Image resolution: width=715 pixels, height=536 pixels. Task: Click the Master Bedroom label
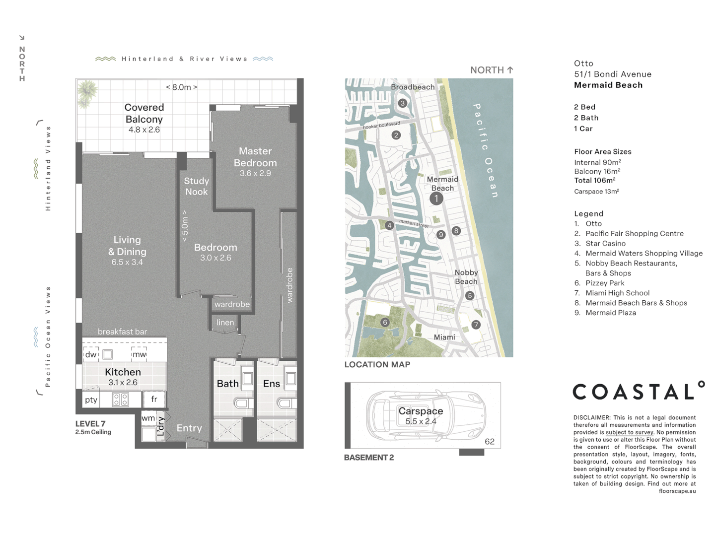click(x=255, y=157)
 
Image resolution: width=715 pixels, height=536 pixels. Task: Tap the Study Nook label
click(x=197, y=186)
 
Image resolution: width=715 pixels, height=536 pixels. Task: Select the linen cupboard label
click(x=225, y=322)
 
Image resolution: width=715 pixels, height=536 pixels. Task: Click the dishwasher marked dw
click(x=91, y=354)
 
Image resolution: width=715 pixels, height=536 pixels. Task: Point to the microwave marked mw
click(x=139, y=354)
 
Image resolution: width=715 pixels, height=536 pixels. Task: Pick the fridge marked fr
click(x=154, y=399)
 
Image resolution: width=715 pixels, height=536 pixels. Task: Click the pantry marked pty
click(x=91, y=399)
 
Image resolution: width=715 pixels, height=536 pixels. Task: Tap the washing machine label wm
click(x=148, y=418)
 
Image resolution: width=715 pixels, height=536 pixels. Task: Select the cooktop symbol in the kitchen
click(x=120, y=400)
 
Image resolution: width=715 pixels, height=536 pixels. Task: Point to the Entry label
click(x=189, y=428)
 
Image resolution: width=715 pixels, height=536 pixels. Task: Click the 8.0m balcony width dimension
click(x=181, y=87)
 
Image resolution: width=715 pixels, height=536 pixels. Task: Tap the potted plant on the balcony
click(x=87, y=93)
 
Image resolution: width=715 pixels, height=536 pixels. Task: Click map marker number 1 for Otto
click(x=436, y=199)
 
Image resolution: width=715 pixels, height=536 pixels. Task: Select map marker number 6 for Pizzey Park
click(x=385, y=322)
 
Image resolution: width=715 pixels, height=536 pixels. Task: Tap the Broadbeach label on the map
click(x=413, y=87)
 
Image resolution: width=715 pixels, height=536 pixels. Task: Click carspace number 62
click(x=490, y=441)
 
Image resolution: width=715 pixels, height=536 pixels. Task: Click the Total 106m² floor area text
click(x=595, y=180)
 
